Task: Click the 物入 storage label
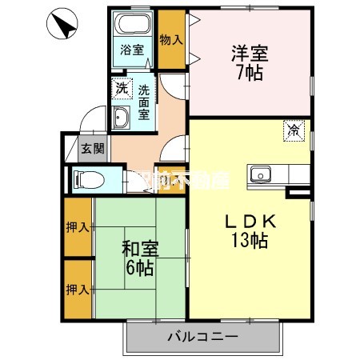click(170, 38)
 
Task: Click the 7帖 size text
click(250, 74)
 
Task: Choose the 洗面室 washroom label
click(144, 102)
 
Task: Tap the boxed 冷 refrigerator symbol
click(294, 129)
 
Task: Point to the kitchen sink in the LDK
click(262, 174)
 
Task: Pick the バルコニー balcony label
click(202, 337)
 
